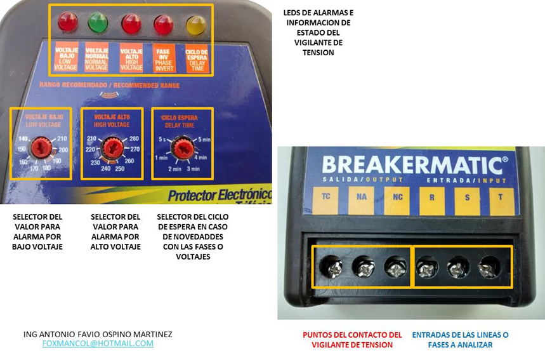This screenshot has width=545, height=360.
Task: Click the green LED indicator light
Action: (x=98, y=23)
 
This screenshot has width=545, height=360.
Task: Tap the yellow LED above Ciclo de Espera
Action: (x=195, y=25)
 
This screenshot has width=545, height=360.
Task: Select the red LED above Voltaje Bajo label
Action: (x=67, y=23)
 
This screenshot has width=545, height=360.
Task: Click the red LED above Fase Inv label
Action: (x=164, y=25)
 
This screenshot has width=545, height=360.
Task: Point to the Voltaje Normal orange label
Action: (x=97, y=57)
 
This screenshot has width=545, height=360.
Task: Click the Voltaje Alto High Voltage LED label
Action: (x=131, y=57)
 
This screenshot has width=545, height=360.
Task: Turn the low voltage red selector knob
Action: (x=42, y=147)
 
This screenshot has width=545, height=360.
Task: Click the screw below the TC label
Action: (x=331, y=269)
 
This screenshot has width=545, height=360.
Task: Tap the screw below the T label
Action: (x=489, y=268)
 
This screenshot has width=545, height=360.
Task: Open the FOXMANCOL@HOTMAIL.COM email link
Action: (x=98, y=343)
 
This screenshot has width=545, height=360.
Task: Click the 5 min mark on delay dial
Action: (x=204, y=139)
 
